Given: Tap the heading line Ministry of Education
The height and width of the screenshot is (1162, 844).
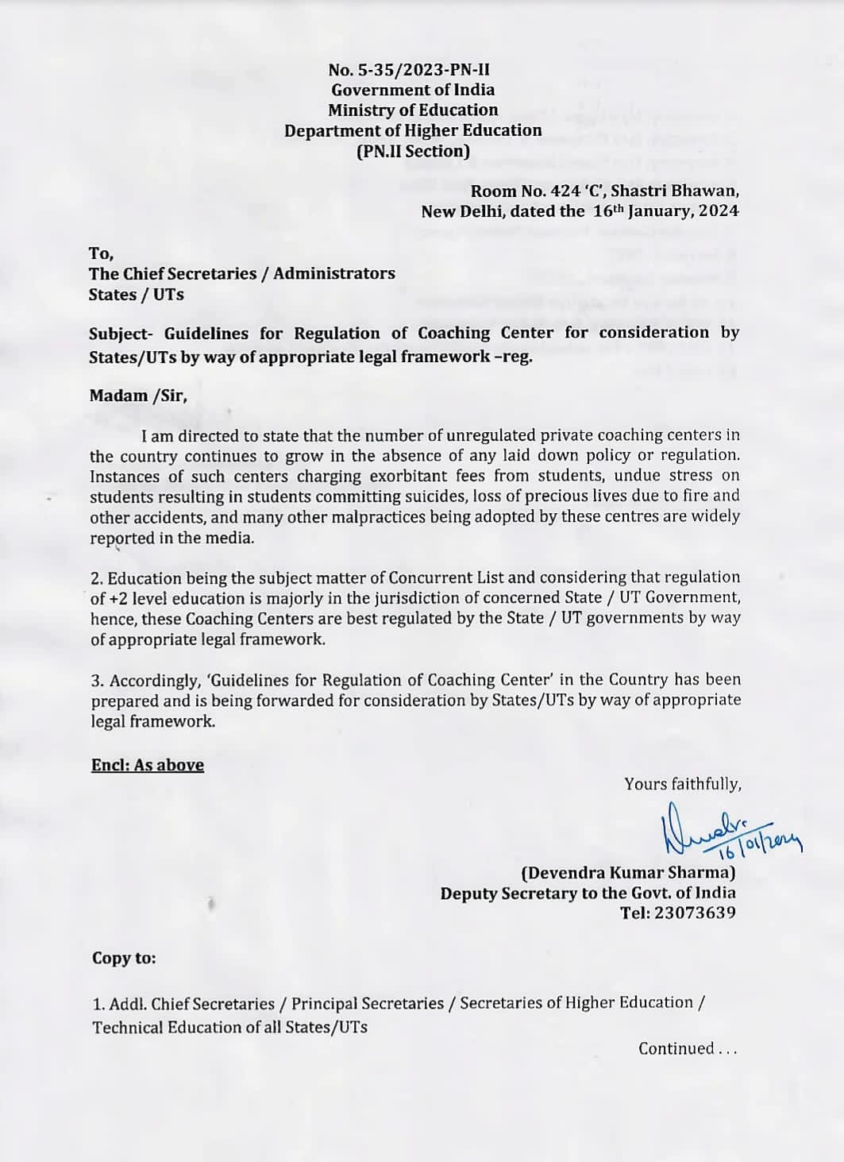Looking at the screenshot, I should tap(413, 110).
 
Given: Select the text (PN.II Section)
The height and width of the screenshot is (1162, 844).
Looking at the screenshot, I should tap(413, 151).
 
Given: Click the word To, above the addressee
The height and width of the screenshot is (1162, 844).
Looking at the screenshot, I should tap(101, 253).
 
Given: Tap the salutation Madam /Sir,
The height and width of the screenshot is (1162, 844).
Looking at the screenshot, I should tap(138, 396).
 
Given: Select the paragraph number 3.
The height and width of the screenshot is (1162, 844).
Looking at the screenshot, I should tap(96, 681).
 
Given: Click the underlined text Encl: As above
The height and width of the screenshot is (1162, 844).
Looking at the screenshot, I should tap(148, 765).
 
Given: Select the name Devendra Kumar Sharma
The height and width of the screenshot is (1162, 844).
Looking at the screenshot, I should tap(628, 873).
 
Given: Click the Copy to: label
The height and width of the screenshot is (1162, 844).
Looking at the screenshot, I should tap(124, 958).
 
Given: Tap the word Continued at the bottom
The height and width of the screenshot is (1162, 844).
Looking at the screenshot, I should tap(676, 1049).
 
